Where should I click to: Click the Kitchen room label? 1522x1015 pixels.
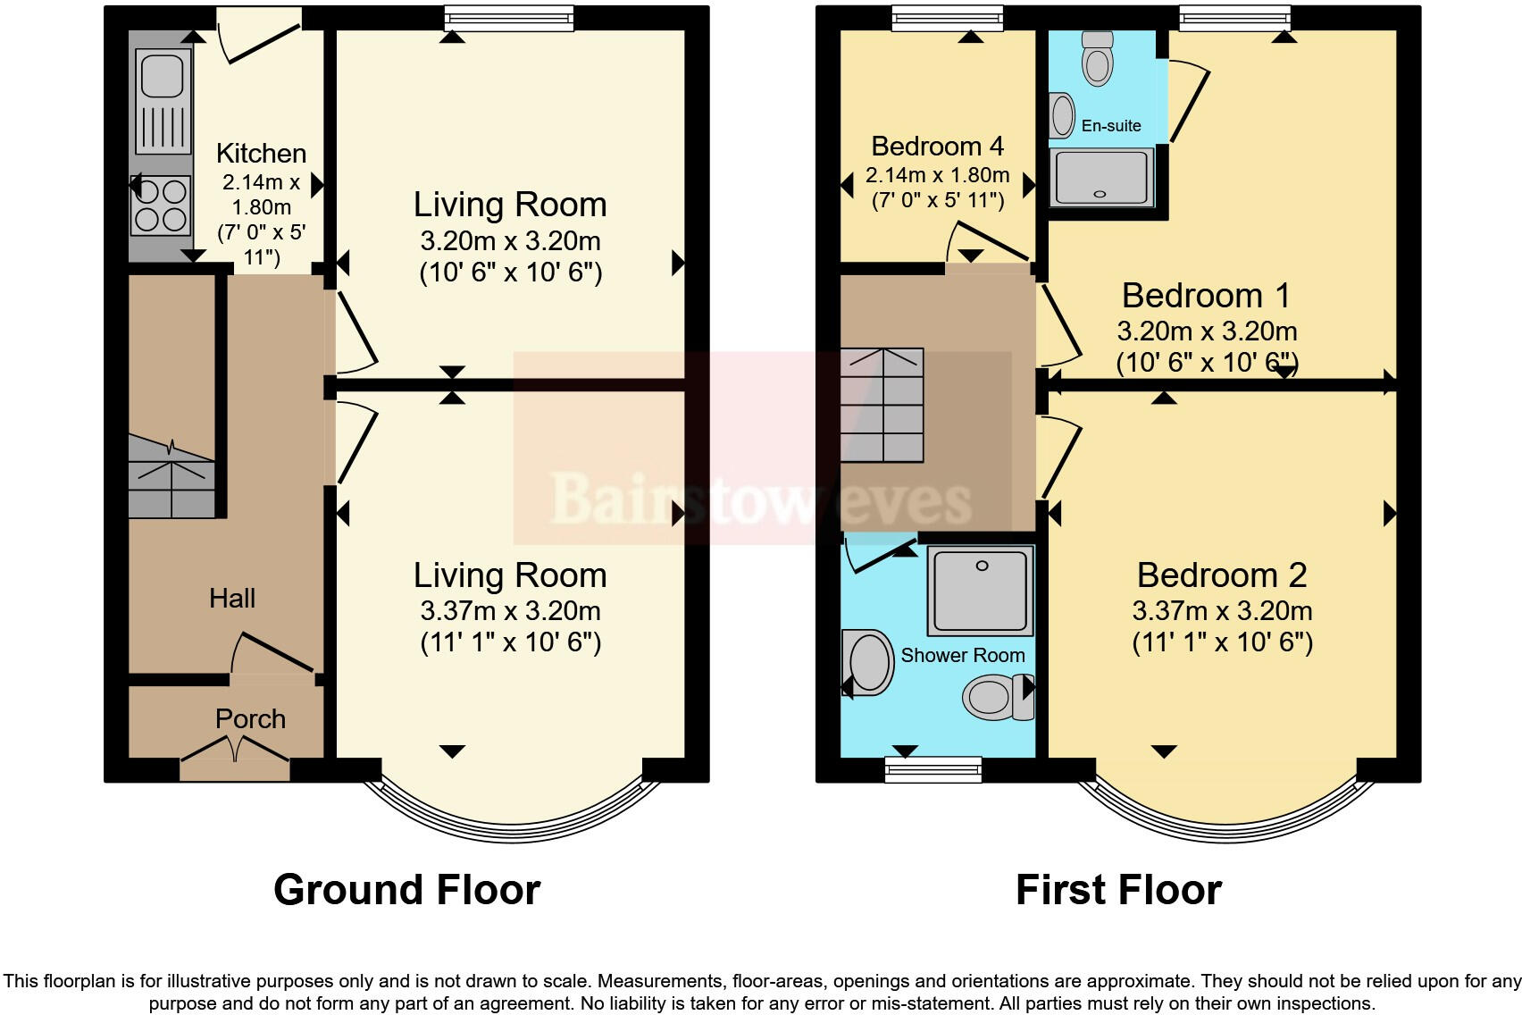click(261, 153)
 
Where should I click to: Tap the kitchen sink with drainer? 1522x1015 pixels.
click(163, 99)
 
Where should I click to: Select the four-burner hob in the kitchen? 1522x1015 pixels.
click(162, 206)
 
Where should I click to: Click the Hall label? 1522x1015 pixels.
click(232, 598)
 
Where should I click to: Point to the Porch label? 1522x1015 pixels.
click(250, 718)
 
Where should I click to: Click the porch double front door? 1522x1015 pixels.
click(236, 750)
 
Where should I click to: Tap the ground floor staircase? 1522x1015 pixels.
click(171, 477)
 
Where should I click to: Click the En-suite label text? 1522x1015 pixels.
click(1111, 126)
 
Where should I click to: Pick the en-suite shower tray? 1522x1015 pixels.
click(1101, 178)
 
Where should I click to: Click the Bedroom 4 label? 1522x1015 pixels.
click(937, 146)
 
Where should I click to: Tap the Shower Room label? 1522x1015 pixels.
click(962, 655)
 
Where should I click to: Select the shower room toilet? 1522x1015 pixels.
click(997, 697)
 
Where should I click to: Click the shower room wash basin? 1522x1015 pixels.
click(869, 662)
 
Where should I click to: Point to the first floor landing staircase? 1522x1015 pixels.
click(882, 406)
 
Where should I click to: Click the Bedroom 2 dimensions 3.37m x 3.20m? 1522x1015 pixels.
click(1221, 611)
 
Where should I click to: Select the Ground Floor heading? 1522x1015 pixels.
click(406, 890)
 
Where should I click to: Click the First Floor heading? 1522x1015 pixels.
click(1118, 890)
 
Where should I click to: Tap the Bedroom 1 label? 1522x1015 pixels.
click(1206, 295)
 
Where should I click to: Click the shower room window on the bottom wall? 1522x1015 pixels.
click(932, 769)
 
